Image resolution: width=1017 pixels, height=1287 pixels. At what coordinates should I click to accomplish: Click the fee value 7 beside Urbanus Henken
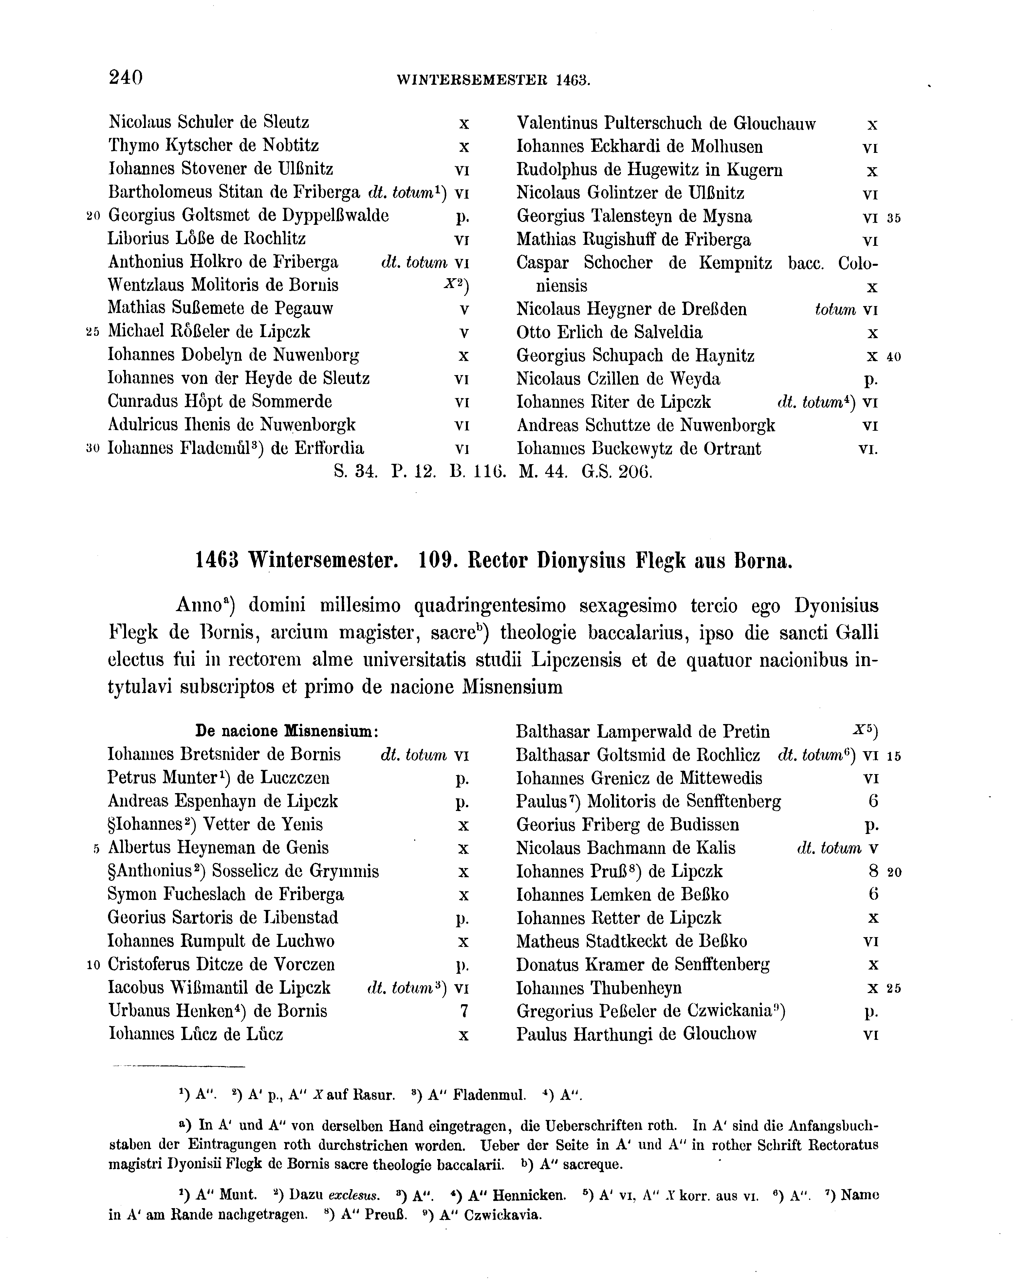pyautogui.click(x=464, y=1011)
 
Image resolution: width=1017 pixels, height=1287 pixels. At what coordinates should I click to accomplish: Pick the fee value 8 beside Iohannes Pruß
pyautogui.click(x=873, y=872)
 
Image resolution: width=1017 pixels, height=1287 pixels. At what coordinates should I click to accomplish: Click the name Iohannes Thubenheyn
pyautogui.click(x=599, y=988)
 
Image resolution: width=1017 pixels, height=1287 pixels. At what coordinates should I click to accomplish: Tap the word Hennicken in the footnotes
pyautogui.click(x=533, y=1195)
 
